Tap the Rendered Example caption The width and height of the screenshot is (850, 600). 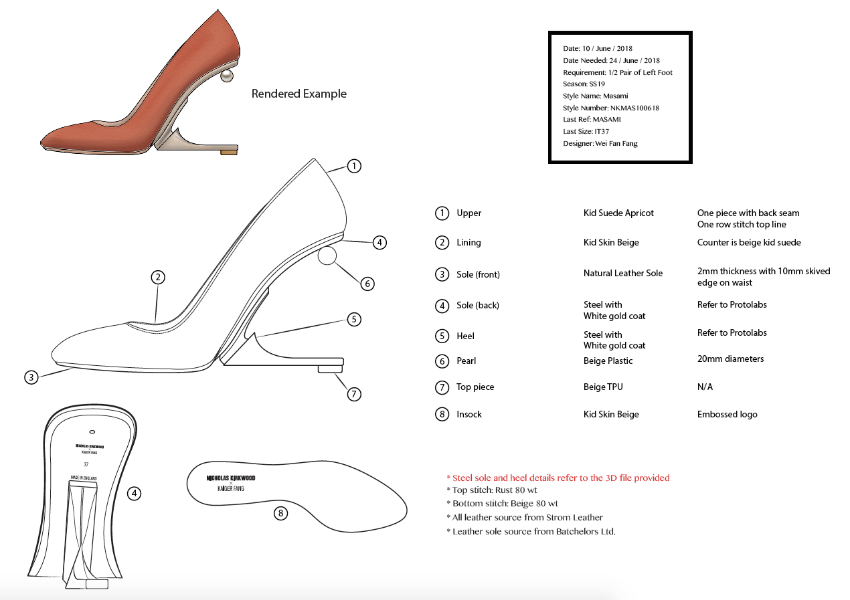click(299, 94)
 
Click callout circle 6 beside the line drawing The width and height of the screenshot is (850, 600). click(367, 284)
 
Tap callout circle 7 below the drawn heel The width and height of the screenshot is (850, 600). click(354, 394)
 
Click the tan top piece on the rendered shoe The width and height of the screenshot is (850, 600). click(229, 153)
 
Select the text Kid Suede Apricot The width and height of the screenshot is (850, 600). click(618, 213)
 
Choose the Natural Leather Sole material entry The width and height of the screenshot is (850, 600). click(622, 273)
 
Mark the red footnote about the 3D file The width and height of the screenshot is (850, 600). click(558, 478)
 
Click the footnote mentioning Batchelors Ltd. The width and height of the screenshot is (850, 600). click(531, 531)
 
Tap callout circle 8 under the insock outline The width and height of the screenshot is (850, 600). click(280, 514)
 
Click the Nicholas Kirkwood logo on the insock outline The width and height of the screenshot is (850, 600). click(231, 478)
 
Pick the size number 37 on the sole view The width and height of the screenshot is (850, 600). click(86, 464)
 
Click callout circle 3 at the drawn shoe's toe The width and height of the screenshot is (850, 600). click(31, 377)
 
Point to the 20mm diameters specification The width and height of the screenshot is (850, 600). click(730, 359)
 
